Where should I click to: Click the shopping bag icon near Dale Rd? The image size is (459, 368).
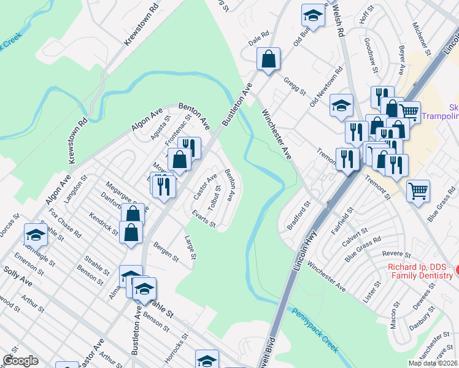click(268, 59)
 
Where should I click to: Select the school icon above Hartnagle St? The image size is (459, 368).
click(36, 234)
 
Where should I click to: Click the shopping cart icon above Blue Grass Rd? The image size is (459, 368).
click(418, 191)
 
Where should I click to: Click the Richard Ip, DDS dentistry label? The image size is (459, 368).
click(423, 272)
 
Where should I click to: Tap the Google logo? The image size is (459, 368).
click(20, 361)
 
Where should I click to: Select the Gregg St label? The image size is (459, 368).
click(295, 86)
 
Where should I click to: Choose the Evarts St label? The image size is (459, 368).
click(203, 220)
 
